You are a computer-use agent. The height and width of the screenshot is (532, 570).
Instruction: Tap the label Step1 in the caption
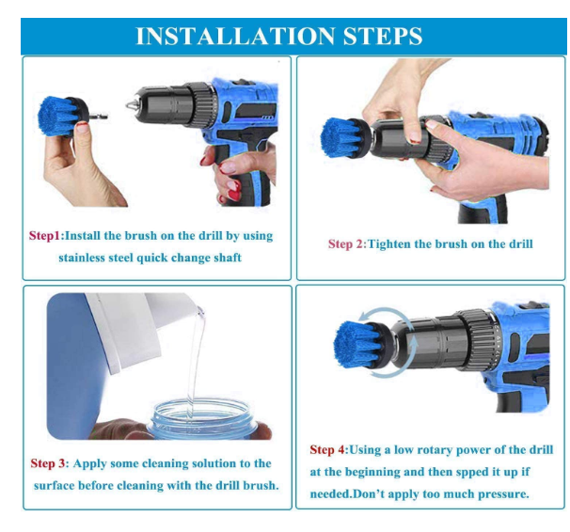(43, 235)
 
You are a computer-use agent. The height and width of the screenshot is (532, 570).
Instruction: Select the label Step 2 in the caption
(345, 243)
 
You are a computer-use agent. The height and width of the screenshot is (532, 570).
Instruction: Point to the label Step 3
(50, 463)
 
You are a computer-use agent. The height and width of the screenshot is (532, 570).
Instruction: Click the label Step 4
(328, 450)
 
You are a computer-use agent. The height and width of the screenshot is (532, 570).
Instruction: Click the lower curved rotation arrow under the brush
(388, 373)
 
